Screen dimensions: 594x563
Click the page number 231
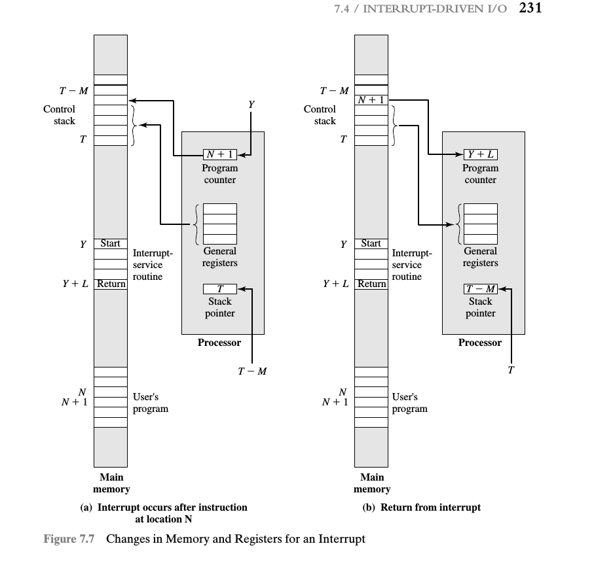click(x=530, y=8)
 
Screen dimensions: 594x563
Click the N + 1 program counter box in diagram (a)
click(x=219, y=154)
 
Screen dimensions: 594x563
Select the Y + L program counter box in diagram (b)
click(x=480, y=154)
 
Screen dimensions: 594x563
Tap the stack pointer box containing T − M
click(x=480, y=289)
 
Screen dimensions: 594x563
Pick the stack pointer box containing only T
click(x=219, y=289)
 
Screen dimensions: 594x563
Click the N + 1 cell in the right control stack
click(x=371, y=100)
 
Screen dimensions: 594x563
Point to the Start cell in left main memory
click(x=111, y=243)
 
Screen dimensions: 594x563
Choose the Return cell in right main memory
click(x=371, y=284)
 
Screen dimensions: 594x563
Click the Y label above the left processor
click(x=251, y=105)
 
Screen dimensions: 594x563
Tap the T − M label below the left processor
click(x=252, y=371)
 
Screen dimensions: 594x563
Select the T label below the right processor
click(x=511, y=370)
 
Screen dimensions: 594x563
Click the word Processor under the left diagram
click(x=219, y=343)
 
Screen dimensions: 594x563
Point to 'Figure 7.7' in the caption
click(x=69, y=539)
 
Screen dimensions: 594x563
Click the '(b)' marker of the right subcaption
click(x=369, y=507)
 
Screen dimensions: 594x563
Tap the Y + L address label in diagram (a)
click(x=75, y=284)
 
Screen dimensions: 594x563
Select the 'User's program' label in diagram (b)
click(x=409, y=403)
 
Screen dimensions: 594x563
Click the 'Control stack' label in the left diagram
click(x=59, y=115)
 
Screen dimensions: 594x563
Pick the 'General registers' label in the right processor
click(x=480, y=257)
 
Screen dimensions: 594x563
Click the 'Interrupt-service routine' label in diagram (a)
click(x=153, y=265)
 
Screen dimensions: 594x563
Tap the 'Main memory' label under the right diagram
click(x=372, y=483)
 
